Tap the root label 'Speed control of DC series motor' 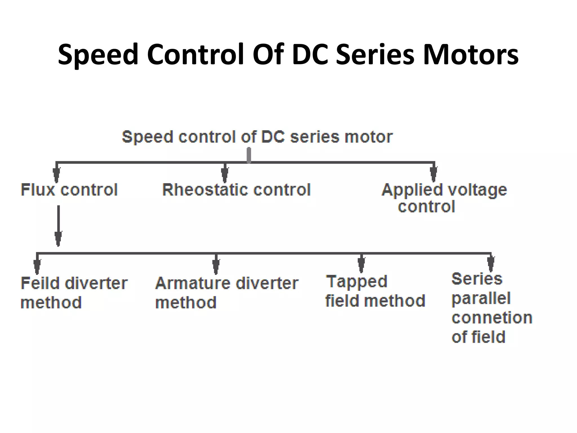click(257, 137)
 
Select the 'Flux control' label click(69, 189)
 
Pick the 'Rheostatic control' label click(236, 189)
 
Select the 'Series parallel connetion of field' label click(491, 308)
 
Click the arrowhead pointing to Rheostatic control click(225, 175)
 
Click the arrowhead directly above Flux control click(56, 175)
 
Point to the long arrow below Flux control click(58, 226)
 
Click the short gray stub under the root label click(249, 155)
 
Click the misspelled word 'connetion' click(492, 318)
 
